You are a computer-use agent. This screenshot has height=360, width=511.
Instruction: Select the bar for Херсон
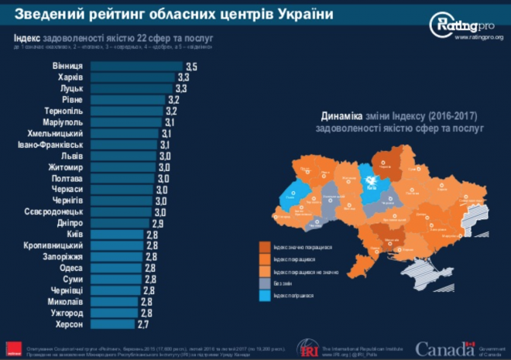pyautogui.click(x=123, y=325)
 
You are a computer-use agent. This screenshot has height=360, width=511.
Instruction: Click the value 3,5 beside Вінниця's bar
pyautogui.click(x=190, y=67)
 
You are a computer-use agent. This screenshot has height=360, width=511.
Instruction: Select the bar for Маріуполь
pyautogui.click(x=127, y=122)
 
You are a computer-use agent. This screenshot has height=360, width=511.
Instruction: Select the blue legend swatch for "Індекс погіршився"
pyautogui.click(x=265, y=296)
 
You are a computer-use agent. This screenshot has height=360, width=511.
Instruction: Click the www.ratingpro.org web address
pyautogui.click(x=478, y=36)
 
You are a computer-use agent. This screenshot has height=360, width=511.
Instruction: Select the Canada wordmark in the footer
pyautogui.click(x=440, y=348)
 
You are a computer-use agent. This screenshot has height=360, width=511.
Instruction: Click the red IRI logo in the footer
pyautogui.click(x=305, y=348)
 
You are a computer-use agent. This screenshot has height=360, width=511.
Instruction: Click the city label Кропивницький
pyautogui.click(x=55, y=245)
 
